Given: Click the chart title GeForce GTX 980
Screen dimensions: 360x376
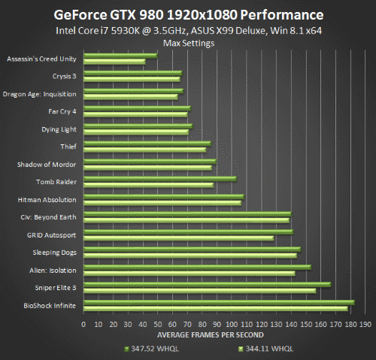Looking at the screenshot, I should click(x=187, y=14).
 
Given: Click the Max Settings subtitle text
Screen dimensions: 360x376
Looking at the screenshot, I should click(x=187, y=43).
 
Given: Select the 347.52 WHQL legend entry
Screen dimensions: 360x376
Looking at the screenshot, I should click(x=150, y=349).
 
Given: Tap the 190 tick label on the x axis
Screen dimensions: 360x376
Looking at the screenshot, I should click(x=365, y=324).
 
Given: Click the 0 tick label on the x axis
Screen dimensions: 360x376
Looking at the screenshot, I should click(x=83, y=324).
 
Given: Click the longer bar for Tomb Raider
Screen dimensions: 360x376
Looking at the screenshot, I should click(x=159, y=178).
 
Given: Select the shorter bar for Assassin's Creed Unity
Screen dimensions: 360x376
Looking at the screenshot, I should click(x=114, y=62).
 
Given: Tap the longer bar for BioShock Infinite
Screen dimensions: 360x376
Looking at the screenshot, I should click(x=219, y=302).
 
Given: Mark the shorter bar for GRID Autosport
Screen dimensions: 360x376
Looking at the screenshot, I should click(x=178, y=238).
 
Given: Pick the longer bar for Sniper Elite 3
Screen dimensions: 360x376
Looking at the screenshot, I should click(x=207, y=284).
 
